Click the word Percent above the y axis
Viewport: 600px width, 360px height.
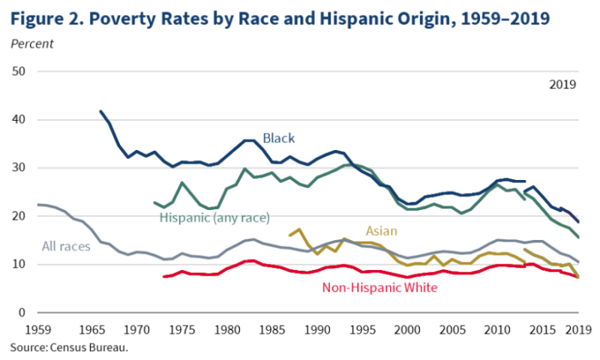(x=31, y=43)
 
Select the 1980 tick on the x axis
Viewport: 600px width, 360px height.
(x=227, y=328)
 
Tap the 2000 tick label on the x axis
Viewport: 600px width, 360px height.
(x=410, y=328)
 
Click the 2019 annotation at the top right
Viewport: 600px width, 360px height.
(x=563, y=84)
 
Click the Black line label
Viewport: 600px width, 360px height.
(x=278, y=138)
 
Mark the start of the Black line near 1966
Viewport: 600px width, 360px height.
(x=100, y=111)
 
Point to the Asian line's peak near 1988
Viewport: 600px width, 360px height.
(x=299, y=229)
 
